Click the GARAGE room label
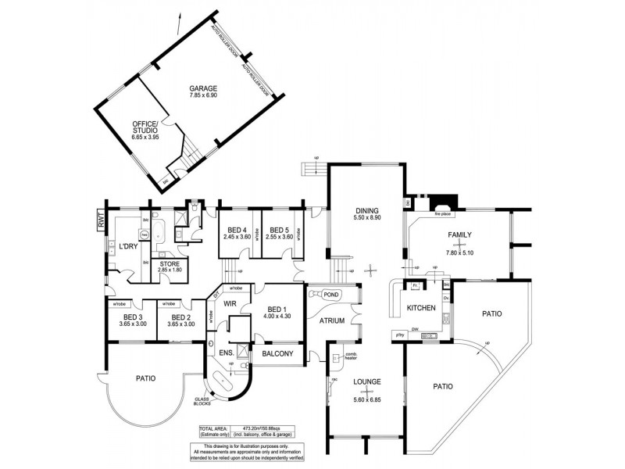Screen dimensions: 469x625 pos(202,88)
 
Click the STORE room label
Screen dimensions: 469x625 pos(170,264)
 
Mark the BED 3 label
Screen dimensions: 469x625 pos(131,317)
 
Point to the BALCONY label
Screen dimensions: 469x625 pos(279,354)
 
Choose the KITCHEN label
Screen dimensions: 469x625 pos(421,309)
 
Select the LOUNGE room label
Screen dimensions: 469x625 pos(366,381)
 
